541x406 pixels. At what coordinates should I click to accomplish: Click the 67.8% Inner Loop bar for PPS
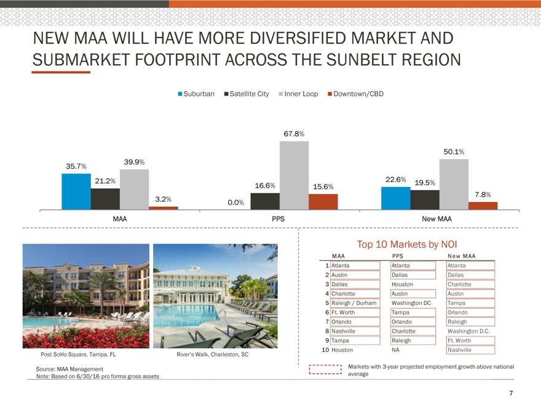point(294,175)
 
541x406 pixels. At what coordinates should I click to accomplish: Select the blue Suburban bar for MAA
point(76,191)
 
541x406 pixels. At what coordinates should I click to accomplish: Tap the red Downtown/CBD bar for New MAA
point(483,205)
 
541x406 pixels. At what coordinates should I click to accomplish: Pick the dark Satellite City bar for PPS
point(265,201)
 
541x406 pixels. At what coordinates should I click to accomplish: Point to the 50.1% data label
point(453,151)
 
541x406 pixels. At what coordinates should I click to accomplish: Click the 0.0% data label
point(236,202)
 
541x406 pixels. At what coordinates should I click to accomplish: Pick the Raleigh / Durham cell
point(353,303)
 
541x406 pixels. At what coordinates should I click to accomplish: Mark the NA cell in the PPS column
point(395,349)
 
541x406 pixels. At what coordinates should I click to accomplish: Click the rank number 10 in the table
point(325,349)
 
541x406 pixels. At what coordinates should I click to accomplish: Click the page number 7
point(511,393)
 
